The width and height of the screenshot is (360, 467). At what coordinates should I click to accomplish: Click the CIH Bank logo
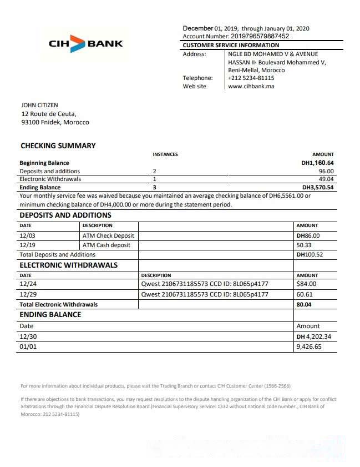point(85,43)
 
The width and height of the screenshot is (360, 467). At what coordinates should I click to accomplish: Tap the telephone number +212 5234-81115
point(251,78)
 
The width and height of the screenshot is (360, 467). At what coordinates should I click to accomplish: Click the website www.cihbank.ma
point(251,87)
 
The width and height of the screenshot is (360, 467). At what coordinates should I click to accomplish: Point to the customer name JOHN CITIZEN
point(39,105)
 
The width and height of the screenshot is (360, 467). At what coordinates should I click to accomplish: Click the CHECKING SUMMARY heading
point(58,146)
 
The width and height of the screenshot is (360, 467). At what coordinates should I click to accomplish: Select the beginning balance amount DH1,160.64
point(317,163)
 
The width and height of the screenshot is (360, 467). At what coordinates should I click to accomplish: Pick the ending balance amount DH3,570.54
point(317,188)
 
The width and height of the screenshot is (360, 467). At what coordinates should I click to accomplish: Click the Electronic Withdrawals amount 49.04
point(326,179)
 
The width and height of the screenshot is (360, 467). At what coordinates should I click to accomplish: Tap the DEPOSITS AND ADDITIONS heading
point(65,215)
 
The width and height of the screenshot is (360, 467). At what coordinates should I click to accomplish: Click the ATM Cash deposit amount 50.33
point(304,245)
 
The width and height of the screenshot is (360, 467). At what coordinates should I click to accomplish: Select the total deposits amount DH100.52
point(310,254)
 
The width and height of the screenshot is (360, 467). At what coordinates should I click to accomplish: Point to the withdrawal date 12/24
point(27,284)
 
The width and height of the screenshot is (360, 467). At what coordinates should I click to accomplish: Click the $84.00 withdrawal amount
point(306,284)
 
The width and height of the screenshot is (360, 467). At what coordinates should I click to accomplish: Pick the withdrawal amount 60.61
point(305,294)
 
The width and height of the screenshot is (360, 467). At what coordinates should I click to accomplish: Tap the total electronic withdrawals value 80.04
point(304,304)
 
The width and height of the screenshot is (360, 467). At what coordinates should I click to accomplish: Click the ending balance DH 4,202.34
point(314,337)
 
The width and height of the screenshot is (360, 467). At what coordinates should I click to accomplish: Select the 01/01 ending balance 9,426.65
point(309,347)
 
